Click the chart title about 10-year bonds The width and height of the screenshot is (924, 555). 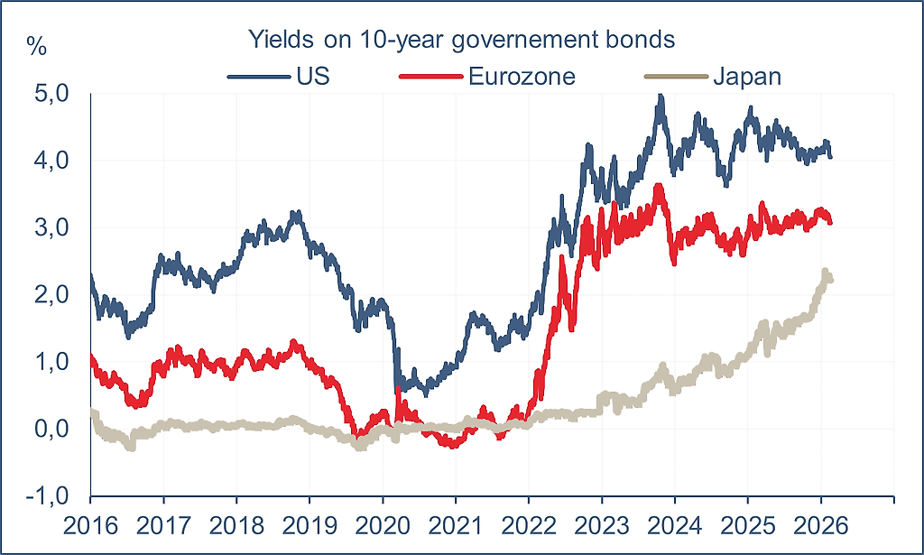462,41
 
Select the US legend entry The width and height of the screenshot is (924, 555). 312,76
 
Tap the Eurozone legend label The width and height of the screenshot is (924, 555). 522,76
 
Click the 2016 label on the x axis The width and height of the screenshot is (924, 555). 90,523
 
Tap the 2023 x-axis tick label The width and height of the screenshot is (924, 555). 602,523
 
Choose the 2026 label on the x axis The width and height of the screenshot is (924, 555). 821,523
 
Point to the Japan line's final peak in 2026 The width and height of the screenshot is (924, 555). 825,271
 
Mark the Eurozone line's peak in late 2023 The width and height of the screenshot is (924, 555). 660,187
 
